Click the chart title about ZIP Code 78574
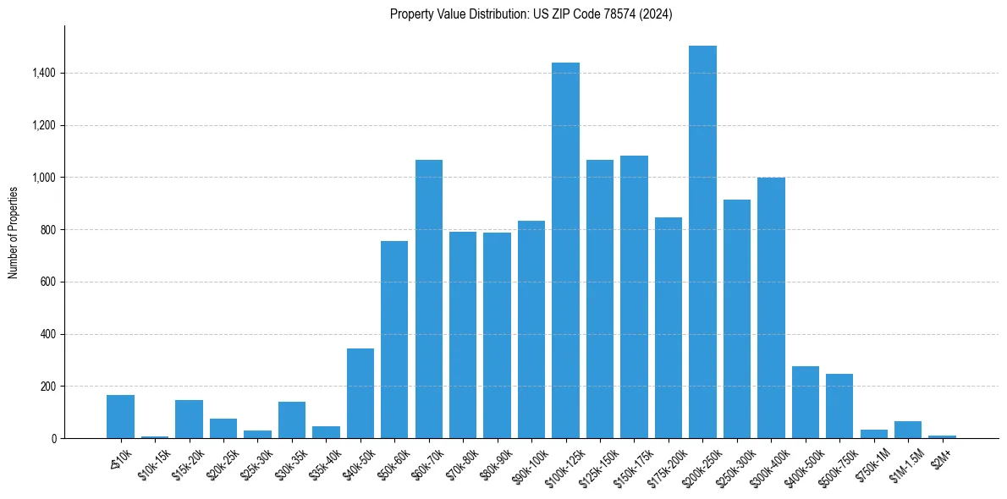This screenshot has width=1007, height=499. tap(531, 14)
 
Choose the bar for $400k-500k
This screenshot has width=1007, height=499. tap(805, 403)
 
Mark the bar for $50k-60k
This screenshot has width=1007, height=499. tap(394, 339)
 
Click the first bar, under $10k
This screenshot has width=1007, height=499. tap(120, 416)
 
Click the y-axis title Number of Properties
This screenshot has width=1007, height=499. tap(14, 233)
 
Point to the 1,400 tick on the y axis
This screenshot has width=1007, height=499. tap(44, 74)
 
